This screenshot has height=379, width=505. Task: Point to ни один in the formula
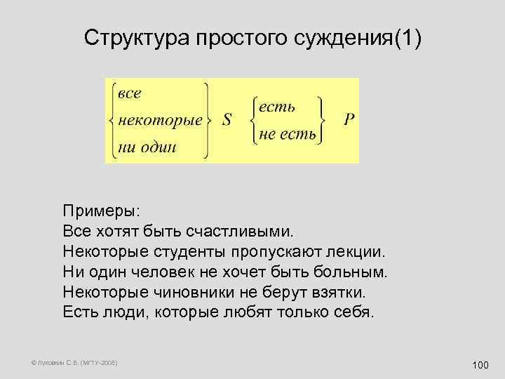[147, 147]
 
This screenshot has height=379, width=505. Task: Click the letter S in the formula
[227, 120]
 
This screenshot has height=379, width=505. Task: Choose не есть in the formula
[288, 133]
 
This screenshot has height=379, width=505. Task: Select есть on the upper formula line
[277, 107]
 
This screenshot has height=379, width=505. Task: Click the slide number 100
[480, 364]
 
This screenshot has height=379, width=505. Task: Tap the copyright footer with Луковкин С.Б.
[74, 363]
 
